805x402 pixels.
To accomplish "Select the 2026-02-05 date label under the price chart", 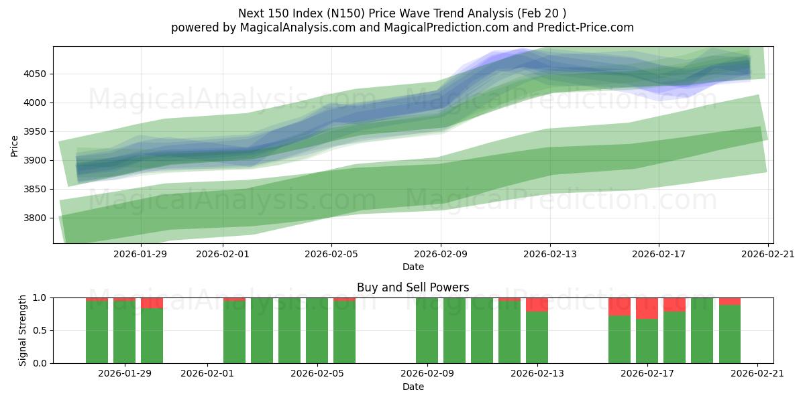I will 331,254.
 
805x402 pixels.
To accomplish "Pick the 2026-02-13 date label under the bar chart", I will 537,374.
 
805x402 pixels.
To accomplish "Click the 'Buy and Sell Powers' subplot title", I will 413,287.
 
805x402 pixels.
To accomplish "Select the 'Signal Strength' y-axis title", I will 23,330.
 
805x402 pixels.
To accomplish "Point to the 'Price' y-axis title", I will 15,145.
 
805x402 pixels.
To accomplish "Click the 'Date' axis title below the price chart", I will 413,267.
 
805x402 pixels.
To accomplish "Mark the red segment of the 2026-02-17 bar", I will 647,308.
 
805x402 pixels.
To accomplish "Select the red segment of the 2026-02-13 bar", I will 537,305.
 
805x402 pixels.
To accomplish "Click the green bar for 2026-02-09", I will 427,330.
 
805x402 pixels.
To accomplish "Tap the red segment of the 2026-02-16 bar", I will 619,307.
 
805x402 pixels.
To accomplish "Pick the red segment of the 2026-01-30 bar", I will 152,303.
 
